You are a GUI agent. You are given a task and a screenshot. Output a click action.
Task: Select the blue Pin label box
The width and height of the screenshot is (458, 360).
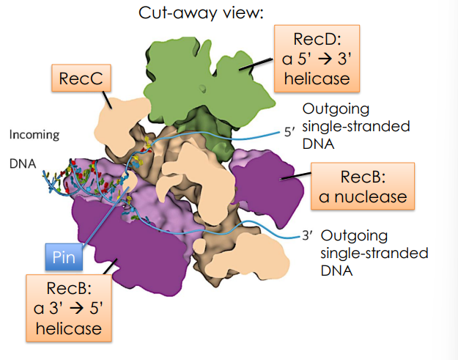coord(62,258)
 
